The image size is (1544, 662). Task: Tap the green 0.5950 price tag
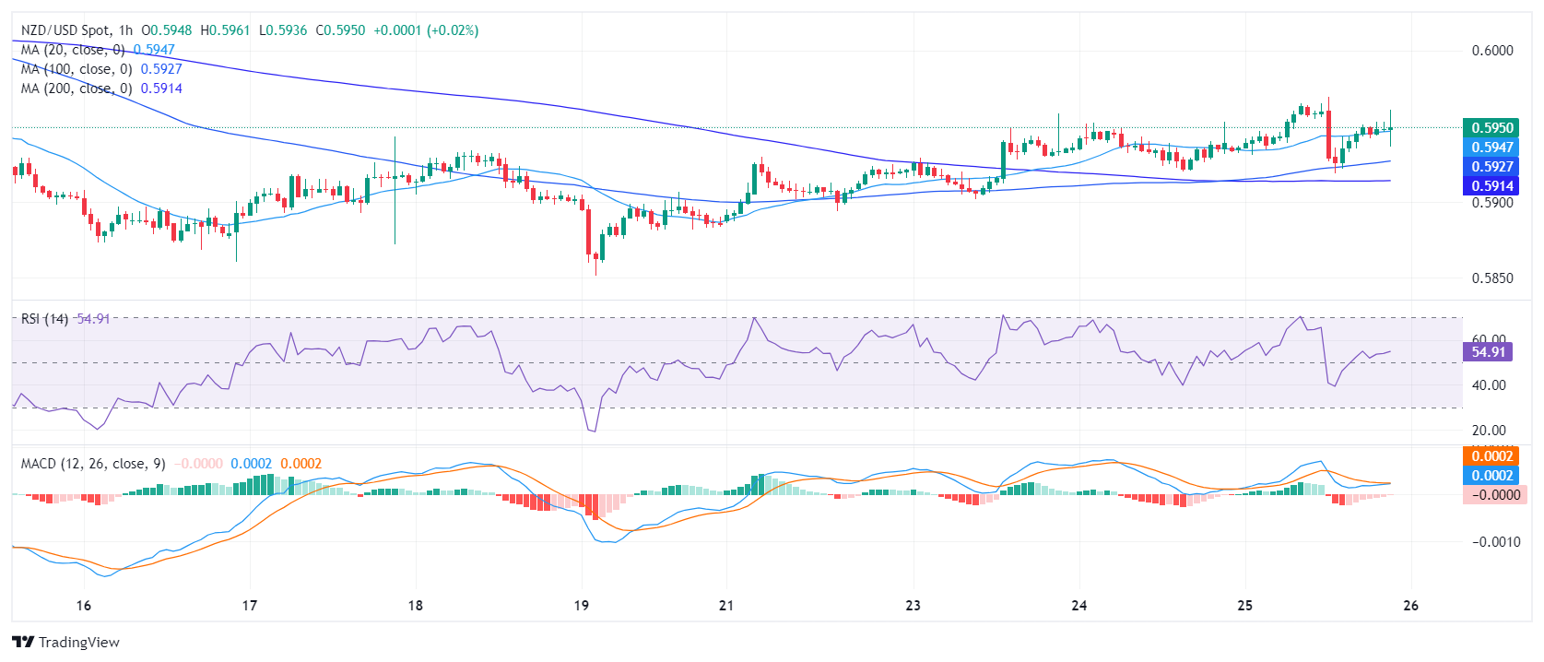coord(1491,128)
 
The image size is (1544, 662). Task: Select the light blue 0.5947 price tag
coord(1491,148)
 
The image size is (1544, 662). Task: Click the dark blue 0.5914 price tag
coord(1491,186)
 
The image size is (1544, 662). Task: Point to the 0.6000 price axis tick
coord(1491,51)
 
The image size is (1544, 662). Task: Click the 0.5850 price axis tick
coord(1491,278)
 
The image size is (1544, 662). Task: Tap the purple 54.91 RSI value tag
coord(1488,351)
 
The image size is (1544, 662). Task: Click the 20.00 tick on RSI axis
coord(1489,431)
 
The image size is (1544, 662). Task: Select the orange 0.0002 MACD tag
coord(1491,456)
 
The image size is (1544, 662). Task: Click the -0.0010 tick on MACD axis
coord(1495,542)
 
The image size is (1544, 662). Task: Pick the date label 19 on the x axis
coord(581,606)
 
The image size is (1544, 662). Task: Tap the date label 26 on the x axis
coord(1410,606)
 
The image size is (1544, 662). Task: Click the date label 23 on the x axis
coord(913,606)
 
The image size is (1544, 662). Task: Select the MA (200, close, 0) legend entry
coord(77,89)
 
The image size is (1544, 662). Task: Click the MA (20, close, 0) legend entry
coord(73,50)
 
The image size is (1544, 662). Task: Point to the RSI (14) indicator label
coord(44,319)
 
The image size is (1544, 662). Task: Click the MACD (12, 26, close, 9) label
coord(93,464)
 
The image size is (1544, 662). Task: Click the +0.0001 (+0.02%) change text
coord(425,30)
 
